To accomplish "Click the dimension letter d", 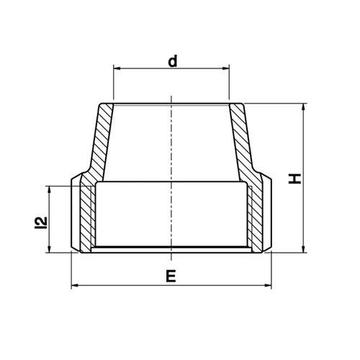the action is tap(173, 61).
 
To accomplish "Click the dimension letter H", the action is tap(294, 179).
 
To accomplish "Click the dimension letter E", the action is tap(171, 276).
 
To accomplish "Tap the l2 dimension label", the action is tap(41, 222).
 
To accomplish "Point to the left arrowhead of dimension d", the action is tap(117, 68).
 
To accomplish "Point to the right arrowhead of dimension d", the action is tap(226, 68).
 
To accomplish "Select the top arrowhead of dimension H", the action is tap(304, 107).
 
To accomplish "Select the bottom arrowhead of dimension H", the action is tap(304, 249).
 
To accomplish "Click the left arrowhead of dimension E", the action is tap(75, 285).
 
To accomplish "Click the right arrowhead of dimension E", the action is tap(268, 285).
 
